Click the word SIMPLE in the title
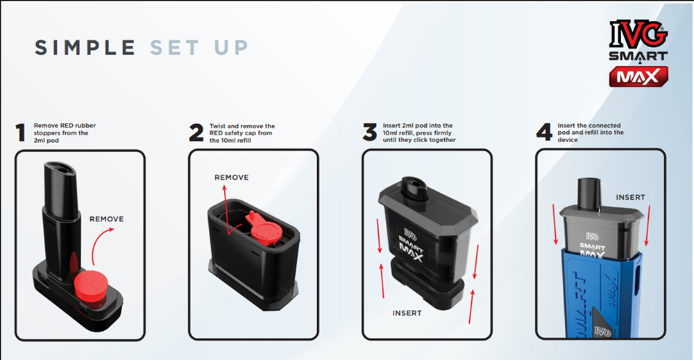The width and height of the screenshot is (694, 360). pyautogui.click(x=85, y=48)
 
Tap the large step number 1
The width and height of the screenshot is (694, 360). pyautogui.click(x=20, y=132)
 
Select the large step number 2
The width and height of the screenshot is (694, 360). pyautogui.click(x=196, y=132)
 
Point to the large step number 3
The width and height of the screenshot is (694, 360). pyautogui.click(x=370, y=132)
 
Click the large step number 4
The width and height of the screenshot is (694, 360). pyautogui.click(x=544, y=132)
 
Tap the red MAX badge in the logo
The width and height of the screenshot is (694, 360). pyautogui.click(x=638, y=77)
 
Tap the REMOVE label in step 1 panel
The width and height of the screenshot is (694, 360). pyautogui.click(x=107, y=219)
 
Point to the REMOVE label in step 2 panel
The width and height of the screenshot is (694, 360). pyautogui.click(x=232, y=178)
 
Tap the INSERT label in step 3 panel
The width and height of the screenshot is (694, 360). pyautogui.click(x=407, y=313)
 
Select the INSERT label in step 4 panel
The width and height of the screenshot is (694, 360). pyautogui.click(x=631, y=197)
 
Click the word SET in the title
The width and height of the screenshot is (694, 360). pyautogui.click(x=174, y=48)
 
